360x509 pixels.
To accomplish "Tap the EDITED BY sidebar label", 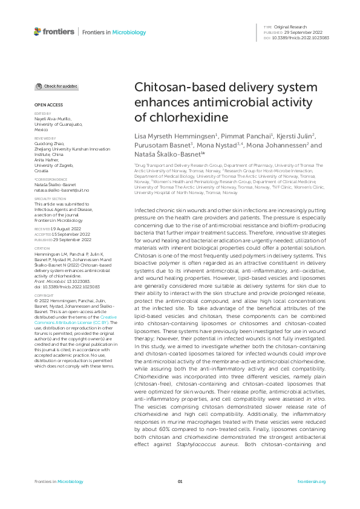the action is pyautogui.click(x=42, y=113).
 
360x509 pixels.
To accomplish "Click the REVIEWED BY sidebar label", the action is pyautogui.click(x=45, y=138).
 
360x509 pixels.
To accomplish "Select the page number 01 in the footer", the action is pyautogui.click(x=180, y=481).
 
